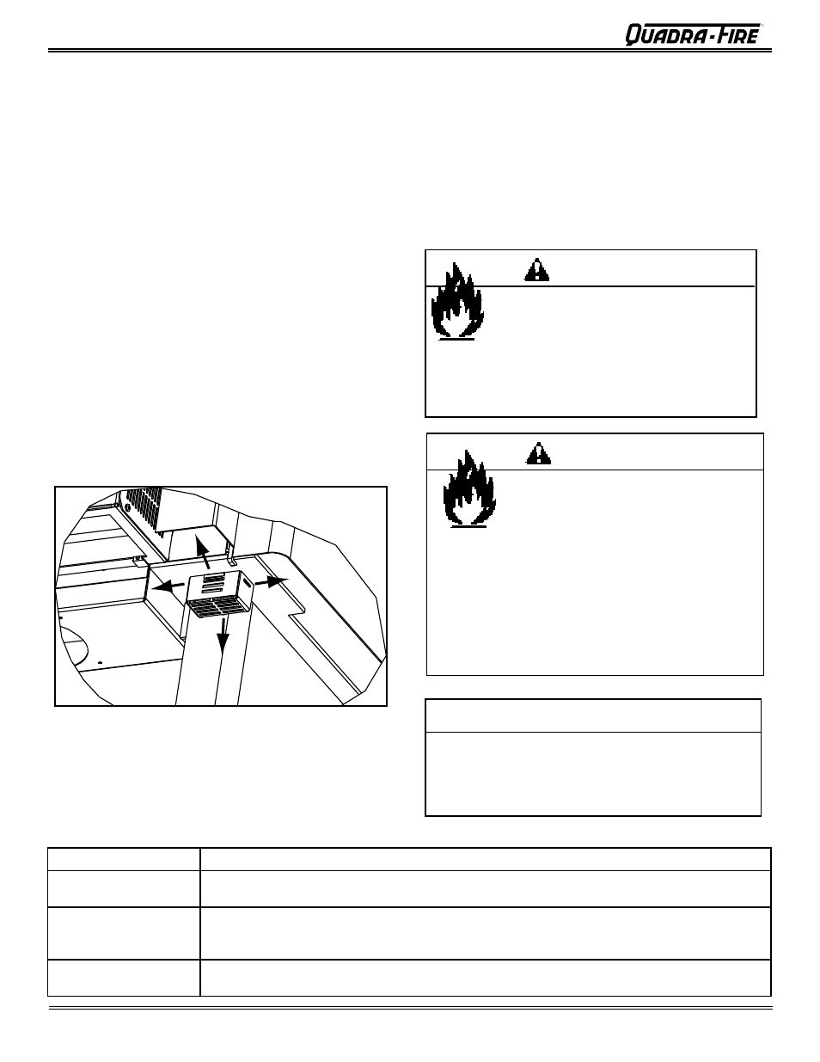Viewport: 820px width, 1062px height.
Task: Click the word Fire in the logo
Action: (733, 34)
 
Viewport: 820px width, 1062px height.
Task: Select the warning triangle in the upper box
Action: (536, 270)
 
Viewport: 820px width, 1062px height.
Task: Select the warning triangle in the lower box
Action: (539, 453)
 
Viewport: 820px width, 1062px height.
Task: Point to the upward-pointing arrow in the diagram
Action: (202, 550)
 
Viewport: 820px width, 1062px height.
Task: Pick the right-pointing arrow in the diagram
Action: (273, 582)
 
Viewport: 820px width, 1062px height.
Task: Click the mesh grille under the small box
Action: (217, 607)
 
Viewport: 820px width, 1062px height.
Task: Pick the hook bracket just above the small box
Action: (232, 548)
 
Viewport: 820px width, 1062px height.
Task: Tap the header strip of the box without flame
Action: (593, 715)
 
